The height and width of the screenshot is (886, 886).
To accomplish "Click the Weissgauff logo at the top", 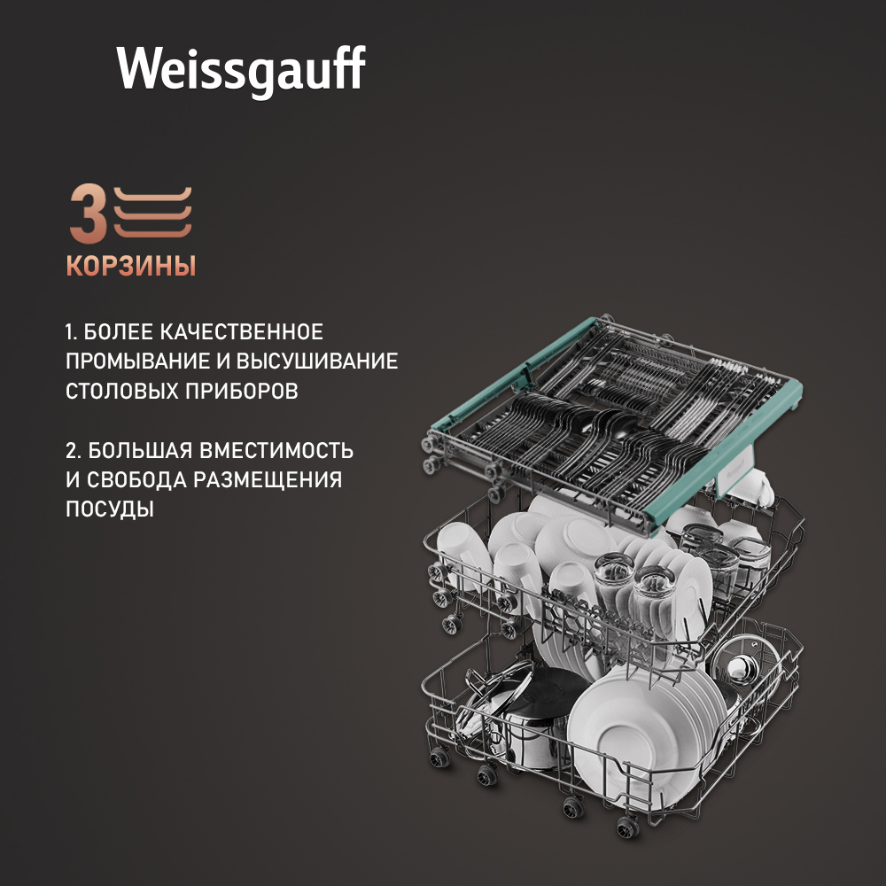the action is click(x=241, y=70).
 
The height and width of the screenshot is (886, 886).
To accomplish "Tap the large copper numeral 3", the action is click(x=88, y=214).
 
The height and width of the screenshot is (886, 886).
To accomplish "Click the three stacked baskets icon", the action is click(x=152, y=213).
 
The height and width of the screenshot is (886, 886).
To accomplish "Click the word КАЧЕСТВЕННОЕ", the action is click(x=241, y=331).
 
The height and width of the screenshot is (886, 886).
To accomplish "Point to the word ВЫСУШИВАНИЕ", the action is click(x=317, y=361).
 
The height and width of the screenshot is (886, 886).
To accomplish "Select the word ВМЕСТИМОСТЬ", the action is click(x=276, y=450).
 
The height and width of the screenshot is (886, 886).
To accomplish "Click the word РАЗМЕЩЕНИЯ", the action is click(x=268, y=479).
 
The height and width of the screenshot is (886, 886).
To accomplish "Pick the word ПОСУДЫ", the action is click(x=110, y=509).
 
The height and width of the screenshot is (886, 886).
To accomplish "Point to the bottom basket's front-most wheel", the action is click(x=626, y=828).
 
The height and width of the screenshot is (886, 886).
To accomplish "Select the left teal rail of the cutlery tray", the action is click(x=511, y=372).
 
